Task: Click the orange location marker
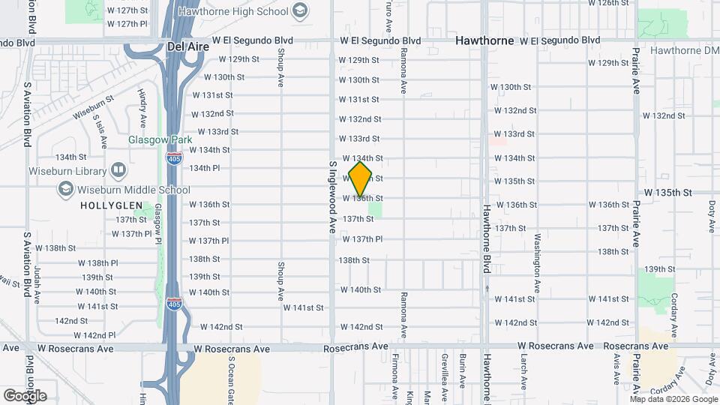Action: click(x=360, y=179)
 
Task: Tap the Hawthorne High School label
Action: click(x=240, y=10)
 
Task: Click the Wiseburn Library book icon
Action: click(x=118, y=169)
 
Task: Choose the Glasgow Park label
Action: click(x=160, y=139)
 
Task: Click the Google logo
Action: click(x=25, y=395)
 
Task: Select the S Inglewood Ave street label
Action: click(x=331, y=196)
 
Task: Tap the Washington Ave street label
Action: click(x=537, y=265)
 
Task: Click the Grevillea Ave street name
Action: click(x=445, y=371)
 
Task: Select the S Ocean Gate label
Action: click(x=232, y=379)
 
